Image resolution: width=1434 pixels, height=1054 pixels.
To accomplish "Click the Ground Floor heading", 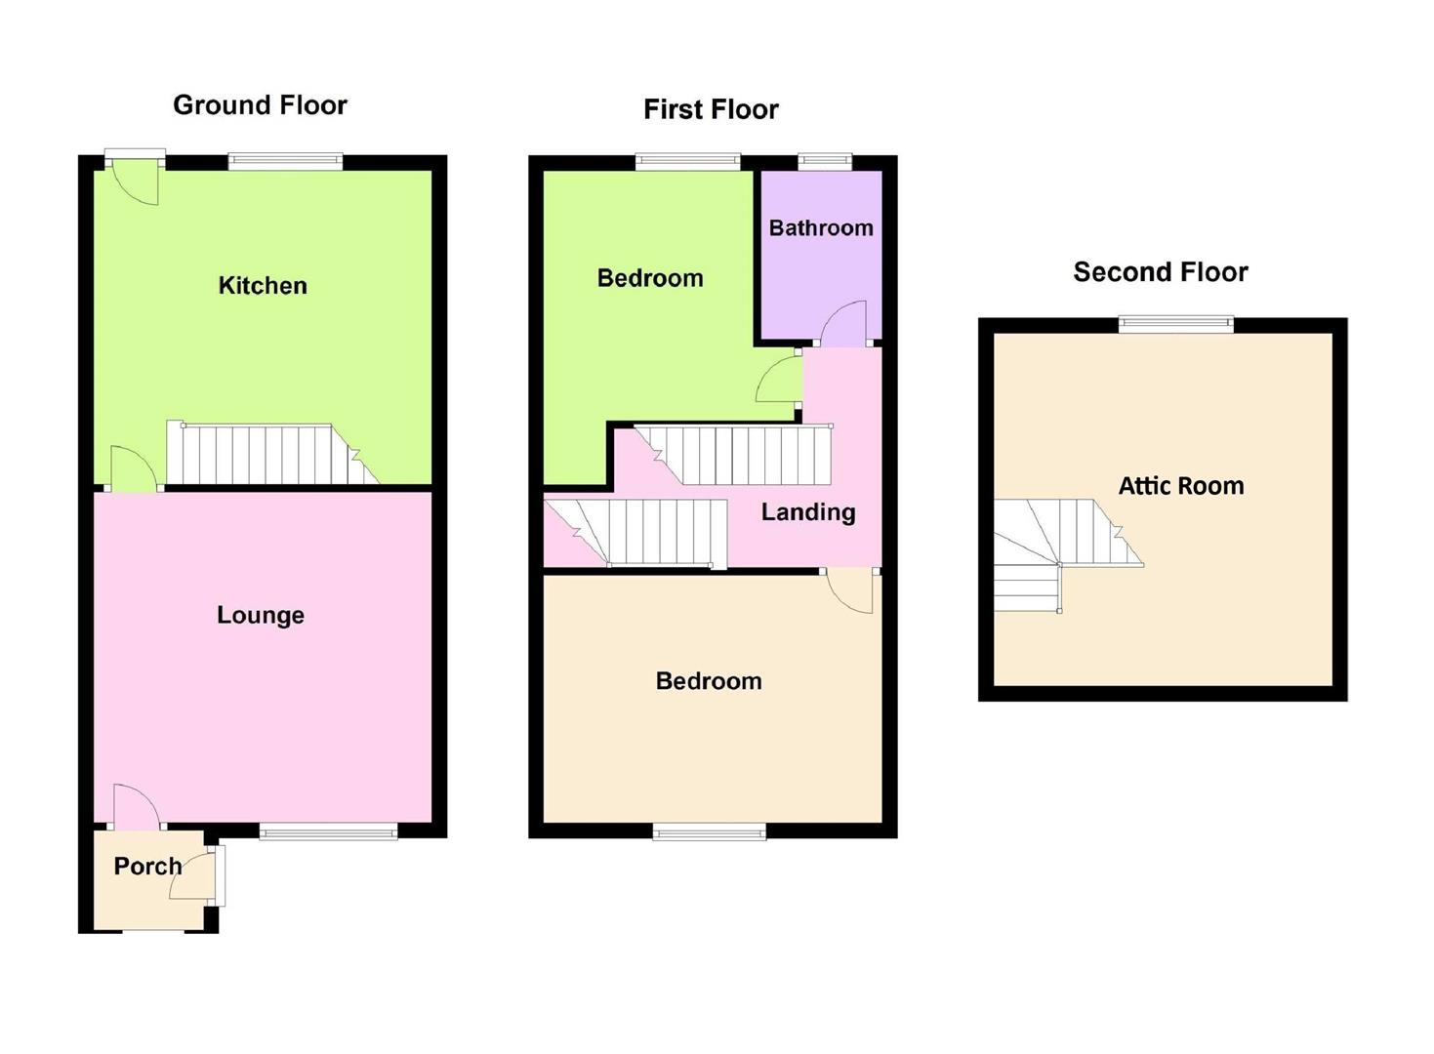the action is point(260,105).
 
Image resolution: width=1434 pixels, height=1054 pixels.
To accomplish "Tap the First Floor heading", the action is point(711,109).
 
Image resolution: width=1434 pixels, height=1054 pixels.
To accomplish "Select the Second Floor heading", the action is point(1161,272).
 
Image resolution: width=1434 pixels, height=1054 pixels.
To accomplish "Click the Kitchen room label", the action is point(263,285).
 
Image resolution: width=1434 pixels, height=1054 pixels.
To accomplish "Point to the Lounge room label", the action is point(261,615).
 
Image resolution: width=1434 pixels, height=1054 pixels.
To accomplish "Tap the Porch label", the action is point(147,867).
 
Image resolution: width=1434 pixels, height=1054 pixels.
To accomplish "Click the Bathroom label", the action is point(821,227).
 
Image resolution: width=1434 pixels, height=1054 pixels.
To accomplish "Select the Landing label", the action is point(808,512).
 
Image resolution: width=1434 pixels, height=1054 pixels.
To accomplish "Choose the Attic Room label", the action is point(1181,486).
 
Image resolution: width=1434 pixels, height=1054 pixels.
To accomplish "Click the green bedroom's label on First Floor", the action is point(650,278).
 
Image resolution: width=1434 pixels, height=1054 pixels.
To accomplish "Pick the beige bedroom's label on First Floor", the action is point(709,681).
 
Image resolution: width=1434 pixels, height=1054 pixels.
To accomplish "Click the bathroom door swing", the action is point(843,323).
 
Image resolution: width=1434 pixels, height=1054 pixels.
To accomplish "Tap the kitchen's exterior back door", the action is point(135,182).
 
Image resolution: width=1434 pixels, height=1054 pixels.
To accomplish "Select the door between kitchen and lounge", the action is point(134,468).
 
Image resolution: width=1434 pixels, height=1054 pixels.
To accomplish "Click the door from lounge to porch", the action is point(137,808).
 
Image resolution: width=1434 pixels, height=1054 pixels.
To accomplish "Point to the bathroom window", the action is point(825,161).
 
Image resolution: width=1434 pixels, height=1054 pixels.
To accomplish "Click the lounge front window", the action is point(328,831).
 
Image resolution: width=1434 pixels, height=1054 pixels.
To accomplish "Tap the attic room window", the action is point(1176,324).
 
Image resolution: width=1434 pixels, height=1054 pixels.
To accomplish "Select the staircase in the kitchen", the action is point(272,453).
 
